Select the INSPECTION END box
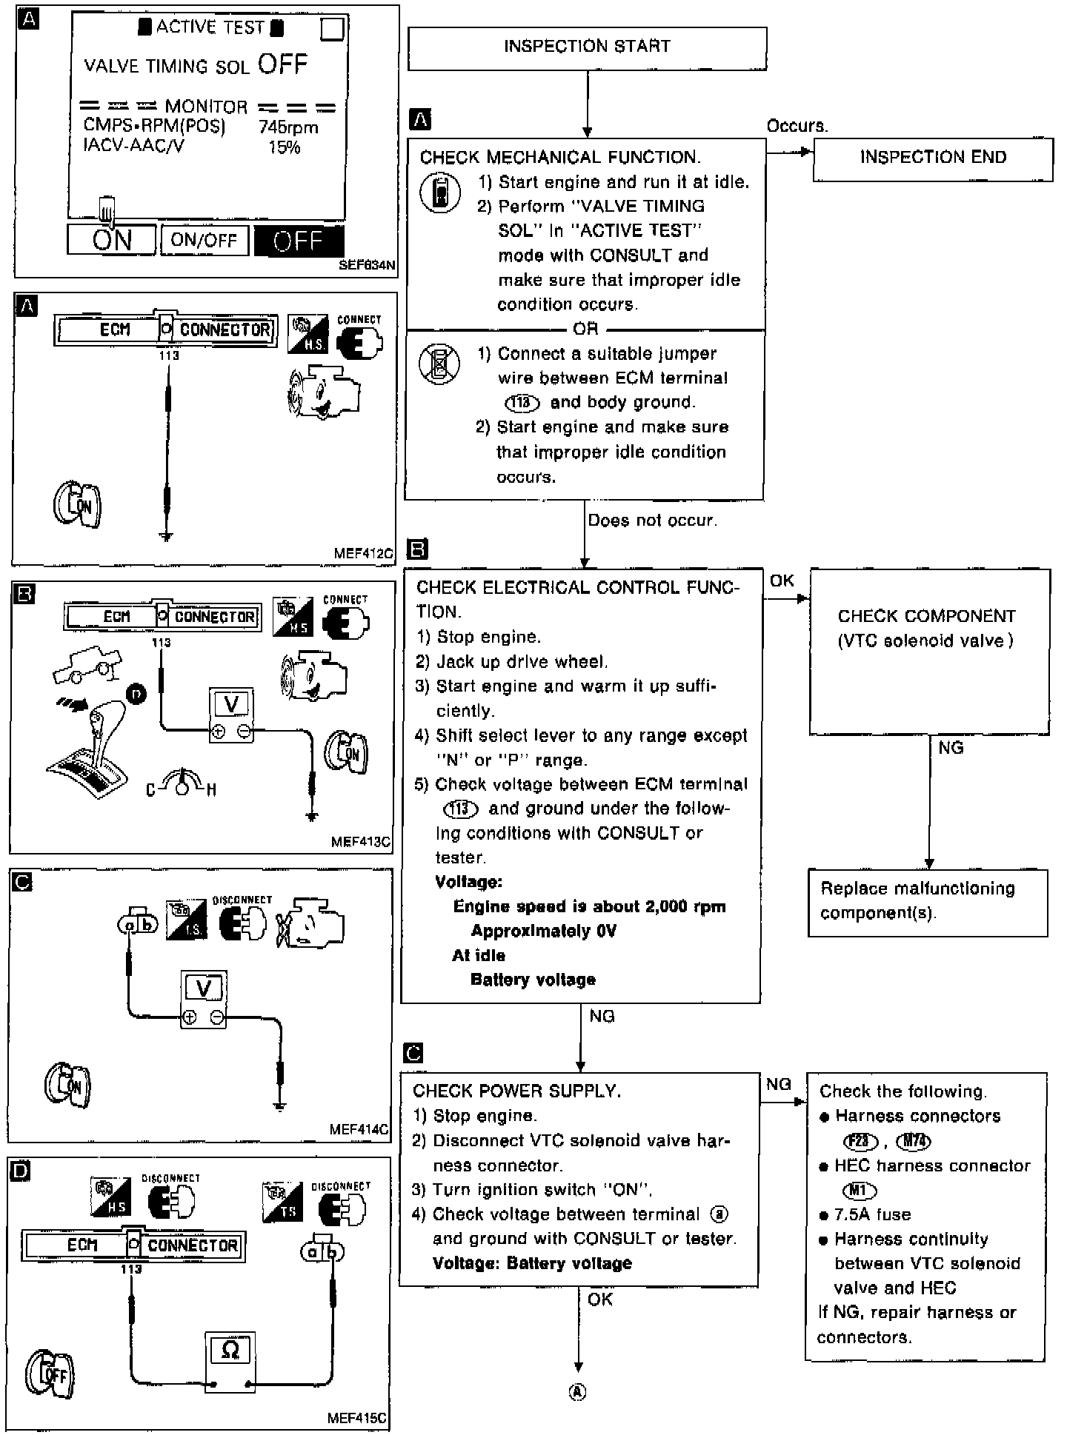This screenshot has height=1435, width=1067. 932,158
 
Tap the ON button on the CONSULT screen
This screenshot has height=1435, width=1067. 112,240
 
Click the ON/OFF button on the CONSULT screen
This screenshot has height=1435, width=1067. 204,240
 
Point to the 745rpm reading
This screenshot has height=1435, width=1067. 288,127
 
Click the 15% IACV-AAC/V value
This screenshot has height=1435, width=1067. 285,147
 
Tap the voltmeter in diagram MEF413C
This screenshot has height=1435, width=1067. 231,715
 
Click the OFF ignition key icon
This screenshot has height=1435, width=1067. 50,1374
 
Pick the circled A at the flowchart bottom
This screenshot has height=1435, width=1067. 577,1392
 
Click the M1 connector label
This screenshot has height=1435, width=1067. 859,1191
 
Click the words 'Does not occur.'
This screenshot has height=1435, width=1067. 652,521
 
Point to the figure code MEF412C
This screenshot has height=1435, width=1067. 364,553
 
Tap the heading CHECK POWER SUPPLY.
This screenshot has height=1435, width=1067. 516,1091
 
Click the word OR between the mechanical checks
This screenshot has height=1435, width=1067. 585,329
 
